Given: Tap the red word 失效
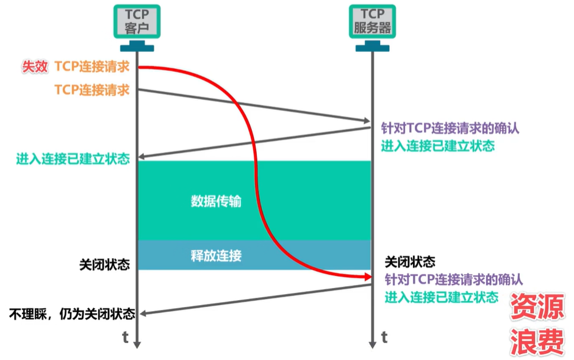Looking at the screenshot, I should (x=35, y=67).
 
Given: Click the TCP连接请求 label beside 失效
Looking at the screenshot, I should (x=92, y=67).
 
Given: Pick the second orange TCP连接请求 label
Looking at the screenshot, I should (x=92, y=90).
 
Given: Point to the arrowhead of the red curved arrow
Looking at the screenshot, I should (x=365, y=277).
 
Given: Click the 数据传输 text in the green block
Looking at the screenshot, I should (x=216, y=201).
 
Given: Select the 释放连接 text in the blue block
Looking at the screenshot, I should (x=216, y=254).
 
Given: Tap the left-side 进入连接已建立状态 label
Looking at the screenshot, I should (x=73, y=160).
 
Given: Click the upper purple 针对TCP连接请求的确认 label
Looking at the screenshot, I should (x=450, y=129).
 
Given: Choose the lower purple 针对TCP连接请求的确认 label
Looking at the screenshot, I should (x=453, y=279).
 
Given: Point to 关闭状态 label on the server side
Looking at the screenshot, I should (x=410, y=262).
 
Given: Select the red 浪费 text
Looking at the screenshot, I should (x=537, y=342).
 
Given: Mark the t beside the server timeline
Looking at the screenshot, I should (x=384, y=337).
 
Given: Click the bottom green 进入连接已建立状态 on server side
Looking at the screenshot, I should (x=441, y=297).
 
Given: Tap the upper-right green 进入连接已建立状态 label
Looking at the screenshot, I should (x=437, y=146).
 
